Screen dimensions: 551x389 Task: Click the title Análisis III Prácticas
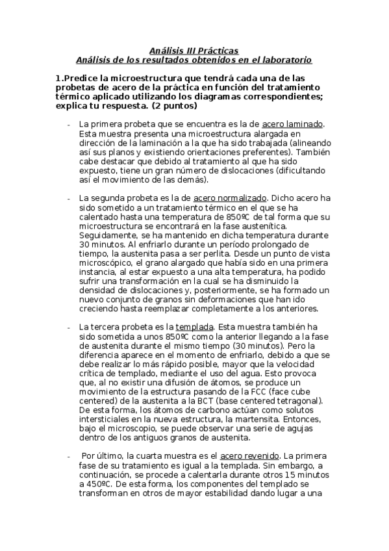pos(194,50)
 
